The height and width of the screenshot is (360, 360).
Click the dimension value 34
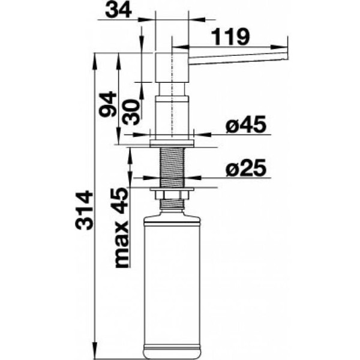pyautogui.click(x=118, y=11)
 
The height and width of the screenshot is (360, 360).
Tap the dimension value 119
pyautogui.click(x=230, y=37)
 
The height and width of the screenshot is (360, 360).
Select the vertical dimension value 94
pyautogui.click(x=107, y=104)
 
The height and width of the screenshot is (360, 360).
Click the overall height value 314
pyautogui.click(x=84, y=211)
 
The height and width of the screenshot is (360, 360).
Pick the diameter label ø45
pyautogui.click(x=245, y=124)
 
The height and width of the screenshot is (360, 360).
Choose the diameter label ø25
pyautogui.click(x=245, y=168)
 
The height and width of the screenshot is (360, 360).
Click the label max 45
pyautogui.click(x=121, y=228)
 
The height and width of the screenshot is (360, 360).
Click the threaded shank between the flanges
pyautogui.click(x=172, y=167)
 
